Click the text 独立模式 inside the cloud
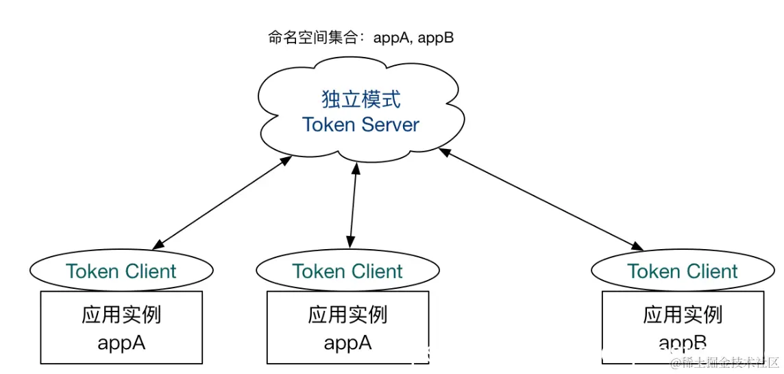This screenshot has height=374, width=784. click(x=360, y=99)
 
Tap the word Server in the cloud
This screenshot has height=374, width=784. click(x=387, y=125)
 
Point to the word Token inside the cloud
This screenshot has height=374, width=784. click(x=329, y=125)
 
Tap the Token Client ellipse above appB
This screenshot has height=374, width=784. click(x=683, y=272)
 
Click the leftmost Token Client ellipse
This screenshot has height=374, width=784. click(x=121, y=272)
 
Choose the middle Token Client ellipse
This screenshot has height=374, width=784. click(x=347, y=272)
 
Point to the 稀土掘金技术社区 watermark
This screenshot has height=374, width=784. click(x=725, y=362)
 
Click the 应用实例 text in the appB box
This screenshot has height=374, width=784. click(x=683, y=315)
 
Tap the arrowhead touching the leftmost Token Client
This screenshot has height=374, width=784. click(x=158, y=244)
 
